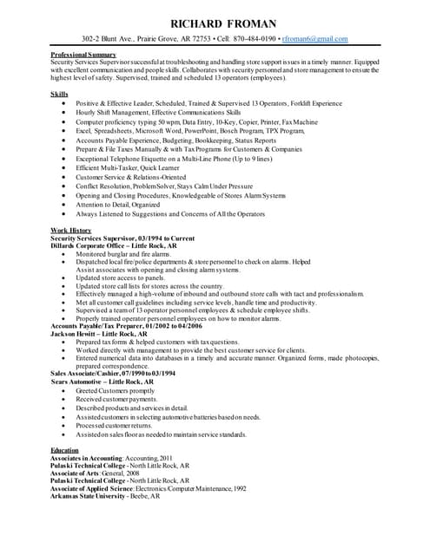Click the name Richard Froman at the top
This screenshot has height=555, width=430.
tap(215, 23)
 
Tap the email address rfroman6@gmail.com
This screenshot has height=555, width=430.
tap(314, 40)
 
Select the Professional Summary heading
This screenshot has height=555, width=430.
tap(84, 55)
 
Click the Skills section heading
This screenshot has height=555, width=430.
tap(60, 93)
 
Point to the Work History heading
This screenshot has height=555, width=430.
tap(71, 229)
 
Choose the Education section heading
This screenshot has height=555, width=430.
tap(64, 450)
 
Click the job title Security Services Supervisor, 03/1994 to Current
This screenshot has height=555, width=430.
tap(122, 237)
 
